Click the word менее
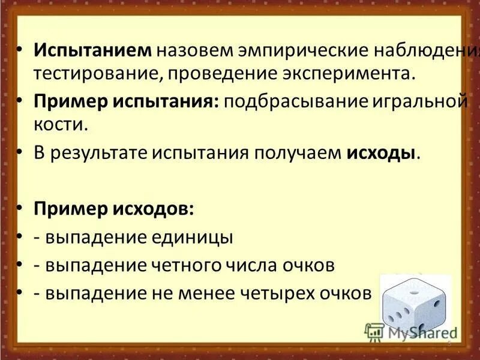tap(209, 294)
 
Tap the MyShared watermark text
tap(420, 331)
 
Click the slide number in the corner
tap(448, 343)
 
